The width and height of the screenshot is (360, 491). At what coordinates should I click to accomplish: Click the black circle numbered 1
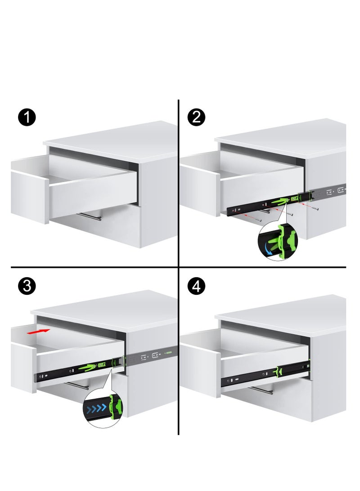(x=27, y=118)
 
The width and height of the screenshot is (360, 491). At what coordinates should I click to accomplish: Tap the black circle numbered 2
(x=196, y=118)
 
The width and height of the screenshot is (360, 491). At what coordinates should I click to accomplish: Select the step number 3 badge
(x=27, y=287)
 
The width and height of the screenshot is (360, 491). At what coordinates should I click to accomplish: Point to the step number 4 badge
(x=197, y=287)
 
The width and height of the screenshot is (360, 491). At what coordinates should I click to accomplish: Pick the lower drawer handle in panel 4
(x=261, y=390)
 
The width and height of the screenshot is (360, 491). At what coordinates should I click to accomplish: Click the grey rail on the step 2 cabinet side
(x=331, y=190)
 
